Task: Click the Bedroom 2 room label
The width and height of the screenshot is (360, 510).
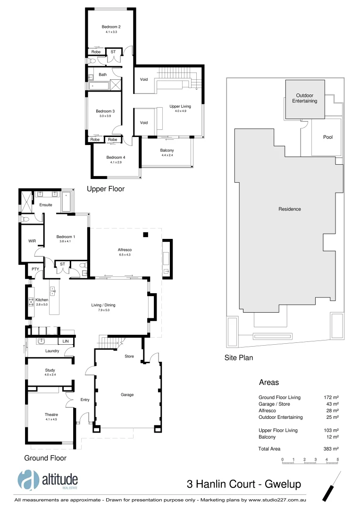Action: (x=111, y=27)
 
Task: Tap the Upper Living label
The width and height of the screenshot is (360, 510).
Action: (x=180, y=107)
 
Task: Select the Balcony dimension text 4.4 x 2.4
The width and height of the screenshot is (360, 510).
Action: (x=167, y=155)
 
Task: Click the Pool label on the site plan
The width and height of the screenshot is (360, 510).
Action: (x=327, y=137)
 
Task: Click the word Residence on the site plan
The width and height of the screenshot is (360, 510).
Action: (x=289, y=209)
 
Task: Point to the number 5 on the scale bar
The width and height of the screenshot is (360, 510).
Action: (x=338, y=459)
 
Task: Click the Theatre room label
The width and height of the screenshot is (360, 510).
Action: (x=51, y=415)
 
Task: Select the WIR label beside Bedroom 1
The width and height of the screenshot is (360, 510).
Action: (x=32, y=241)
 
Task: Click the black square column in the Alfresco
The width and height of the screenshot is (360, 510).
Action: (x=146, y=235)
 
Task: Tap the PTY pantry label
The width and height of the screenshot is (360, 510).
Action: (x=35, y=269)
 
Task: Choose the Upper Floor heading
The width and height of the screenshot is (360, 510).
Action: (x=106, y=189)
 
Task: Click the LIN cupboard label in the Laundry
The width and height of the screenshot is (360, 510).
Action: (x=65, y=341)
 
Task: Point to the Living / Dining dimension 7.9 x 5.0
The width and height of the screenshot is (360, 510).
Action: (x=103, y=310)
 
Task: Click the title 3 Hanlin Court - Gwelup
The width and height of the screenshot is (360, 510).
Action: (x=243, y=484)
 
